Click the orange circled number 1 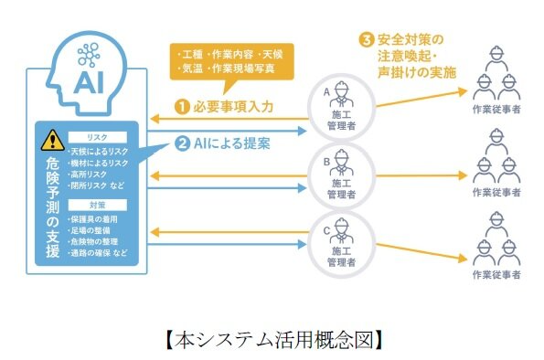182,106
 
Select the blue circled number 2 182,143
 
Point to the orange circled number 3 366,41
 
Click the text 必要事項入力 231,106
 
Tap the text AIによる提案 233,143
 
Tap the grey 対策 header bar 101,206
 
